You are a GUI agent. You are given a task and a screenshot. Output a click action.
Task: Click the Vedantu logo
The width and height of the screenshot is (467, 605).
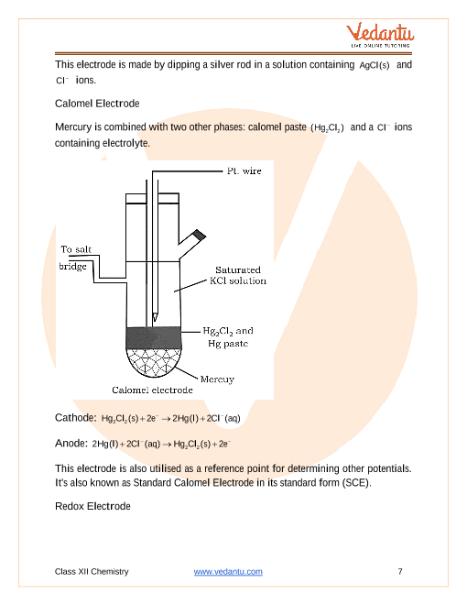(x=380, y=35)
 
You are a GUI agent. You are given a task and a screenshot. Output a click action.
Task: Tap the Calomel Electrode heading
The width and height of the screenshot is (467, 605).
(x=97, y=104)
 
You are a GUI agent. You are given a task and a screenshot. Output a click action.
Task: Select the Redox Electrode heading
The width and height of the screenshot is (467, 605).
(x=92, y=506)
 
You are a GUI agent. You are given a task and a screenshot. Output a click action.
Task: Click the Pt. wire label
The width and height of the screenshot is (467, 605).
(x=244, y=170)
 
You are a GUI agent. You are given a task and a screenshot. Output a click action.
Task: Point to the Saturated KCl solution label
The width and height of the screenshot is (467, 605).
(x=238, y=275)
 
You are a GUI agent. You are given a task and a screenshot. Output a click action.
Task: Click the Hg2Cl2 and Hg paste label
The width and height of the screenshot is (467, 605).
(x=228, y=337)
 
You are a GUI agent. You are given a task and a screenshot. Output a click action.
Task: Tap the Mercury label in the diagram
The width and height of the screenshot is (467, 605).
(x=217, y=379)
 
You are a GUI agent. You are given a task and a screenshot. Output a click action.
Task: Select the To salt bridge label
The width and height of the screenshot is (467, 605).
(x=75, y=258)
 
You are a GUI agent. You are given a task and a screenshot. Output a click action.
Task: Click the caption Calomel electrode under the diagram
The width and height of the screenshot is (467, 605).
(x=152, y=390)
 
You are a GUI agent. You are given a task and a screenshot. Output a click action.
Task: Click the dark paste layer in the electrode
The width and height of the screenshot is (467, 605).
(x=154, y=338)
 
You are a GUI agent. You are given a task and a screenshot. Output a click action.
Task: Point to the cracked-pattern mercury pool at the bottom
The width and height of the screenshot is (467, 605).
(x=154, y=362)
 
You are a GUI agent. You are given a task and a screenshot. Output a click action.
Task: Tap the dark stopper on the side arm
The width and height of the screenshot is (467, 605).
(x=200, y=235)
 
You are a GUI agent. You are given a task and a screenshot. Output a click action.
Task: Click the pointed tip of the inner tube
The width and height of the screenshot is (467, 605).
(x=155, y=320)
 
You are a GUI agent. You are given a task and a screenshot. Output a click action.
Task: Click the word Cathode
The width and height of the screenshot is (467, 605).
(x=75, y=418)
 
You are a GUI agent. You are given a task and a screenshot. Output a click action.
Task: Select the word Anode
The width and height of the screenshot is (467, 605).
(x=71, y=444)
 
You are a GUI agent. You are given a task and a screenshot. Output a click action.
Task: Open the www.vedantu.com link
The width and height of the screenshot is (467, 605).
(x=228, y=571)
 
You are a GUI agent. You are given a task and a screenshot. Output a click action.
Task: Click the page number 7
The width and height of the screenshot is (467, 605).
(x=400, y=571)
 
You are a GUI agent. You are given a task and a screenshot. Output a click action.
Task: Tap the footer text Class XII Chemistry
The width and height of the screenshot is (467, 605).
(x=92, y=571)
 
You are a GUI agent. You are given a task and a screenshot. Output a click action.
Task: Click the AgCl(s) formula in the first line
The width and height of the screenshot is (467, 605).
(x=375, y=65)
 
